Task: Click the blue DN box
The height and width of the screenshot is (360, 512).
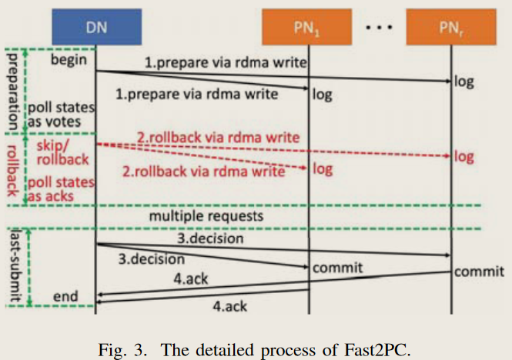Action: click(x=96, y=26)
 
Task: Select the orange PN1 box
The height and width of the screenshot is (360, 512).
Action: click(x=310, y=26)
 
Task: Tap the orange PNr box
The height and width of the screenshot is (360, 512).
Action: click(x=450, y=26)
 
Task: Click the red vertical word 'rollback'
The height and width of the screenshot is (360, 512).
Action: click(x=12, y=167)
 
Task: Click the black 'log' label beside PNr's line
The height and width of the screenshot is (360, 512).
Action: click(x=465, y=79)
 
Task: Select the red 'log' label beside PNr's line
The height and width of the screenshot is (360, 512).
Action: click(x=464, y=156)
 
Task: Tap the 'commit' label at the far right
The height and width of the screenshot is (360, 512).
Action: click(x=479, y=272)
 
